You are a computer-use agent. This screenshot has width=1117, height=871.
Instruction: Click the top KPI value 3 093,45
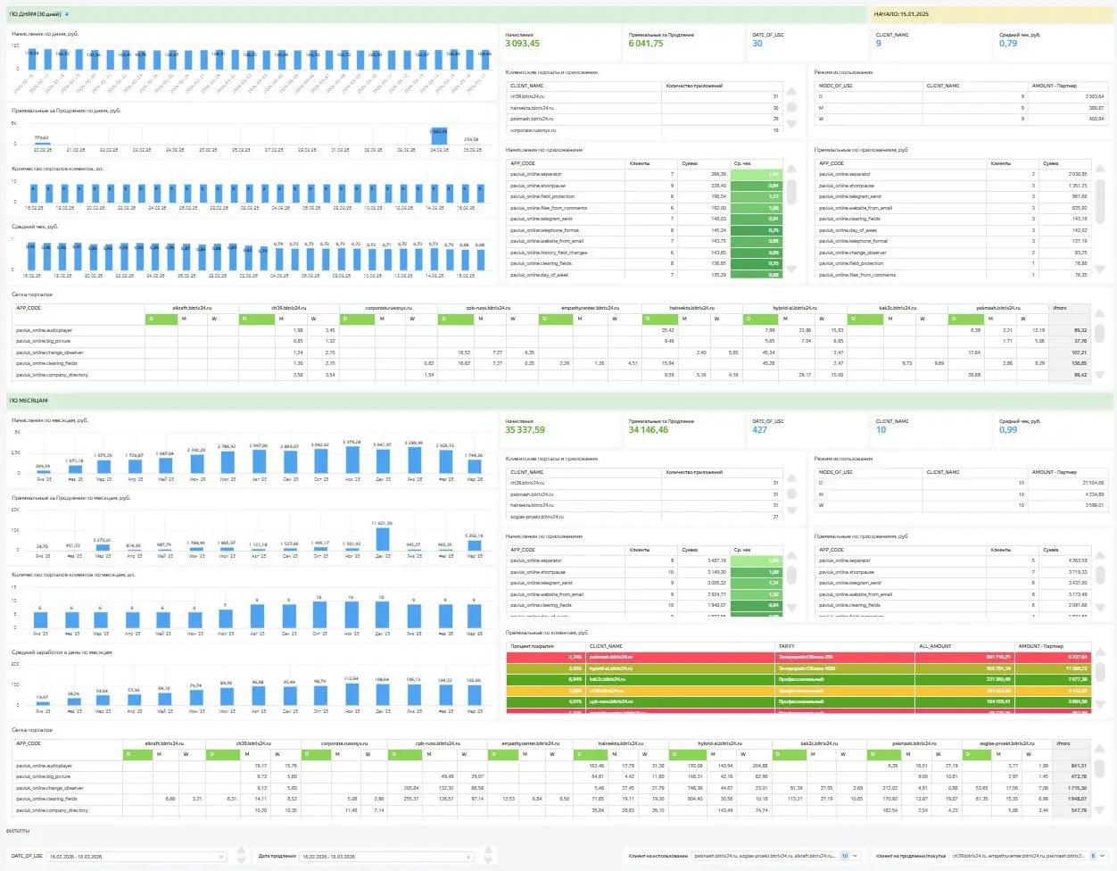click(522, 44)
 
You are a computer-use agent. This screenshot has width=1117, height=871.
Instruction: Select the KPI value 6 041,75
click(645, 44)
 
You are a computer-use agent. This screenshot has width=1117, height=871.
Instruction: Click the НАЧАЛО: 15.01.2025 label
click(901, 14)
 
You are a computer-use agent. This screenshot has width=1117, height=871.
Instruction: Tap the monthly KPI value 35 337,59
click(525, 430)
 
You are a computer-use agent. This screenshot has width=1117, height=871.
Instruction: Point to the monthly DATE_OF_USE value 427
click(759, 430)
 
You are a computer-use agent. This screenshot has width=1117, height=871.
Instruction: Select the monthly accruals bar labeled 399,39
click(43, 471)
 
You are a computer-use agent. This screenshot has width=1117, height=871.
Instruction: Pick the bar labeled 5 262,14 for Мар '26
click(475, 545)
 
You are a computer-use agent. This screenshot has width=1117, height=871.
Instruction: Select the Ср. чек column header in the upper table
click(742, 163)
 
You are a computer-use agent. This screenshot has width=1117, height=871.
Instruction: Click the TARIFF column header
click(786, 646)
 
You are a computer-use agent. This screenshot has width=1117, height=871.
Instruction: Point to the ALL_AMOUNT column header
click(935, 646)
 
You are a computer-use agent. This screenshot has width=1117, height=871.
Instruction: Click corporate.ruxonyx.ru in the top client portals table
click(533, 130)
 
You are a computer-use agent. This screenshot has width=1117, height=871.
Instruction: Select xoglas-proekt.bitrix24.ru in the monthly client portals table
click(536, 517)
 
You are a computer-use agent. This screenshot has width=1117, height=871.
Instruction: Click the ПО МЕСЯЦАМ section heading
click(29, 401)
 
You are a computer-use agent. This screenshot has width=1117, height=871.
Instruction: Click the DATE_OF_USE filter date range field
click(134, 857)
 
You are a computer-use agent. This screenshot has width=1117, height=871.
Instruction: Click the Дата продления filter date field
click(384, 857)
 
